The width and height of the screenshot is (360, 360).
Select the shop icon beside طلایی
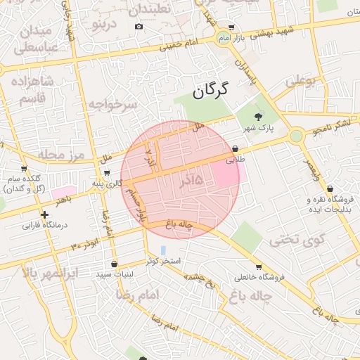tap(234, 149)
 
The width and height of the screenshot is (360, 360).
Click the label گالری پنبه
tap(107, 184)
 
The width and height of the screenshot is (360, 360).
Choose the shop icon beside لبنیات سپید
tap(114, 264)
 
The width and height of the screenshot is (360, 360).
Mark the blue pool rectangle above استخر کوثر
tap(164, 250)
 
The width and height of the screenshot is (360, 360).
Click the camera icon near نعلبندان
tap(139, 27)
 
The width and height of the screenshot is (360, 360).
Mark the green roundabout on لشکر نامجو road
tap(296, 134)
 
